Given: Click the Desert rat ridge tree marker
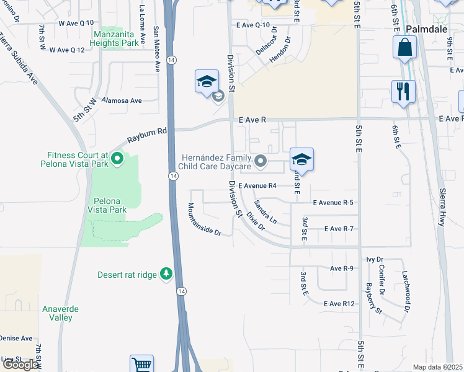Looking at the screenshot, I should [166, 273].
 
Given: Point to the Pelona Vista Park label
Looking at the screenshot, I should [110, 205].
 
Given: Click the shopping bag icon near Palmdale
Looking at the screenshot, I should [404, 47].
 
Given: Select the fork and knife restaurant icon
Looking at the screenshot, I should [403, 92].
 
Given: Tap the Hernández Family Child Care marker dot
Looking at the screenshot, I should [262, 162].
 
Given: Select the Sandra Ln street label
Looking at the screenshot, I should [265, 212].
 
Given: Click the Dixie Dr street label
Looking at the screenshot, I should [256, 221].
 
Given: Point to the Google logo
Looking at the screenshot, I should [20, 365].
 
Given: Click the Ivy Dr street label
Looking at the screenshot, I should [376, 259].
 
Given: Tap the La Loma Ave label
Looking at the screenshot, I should [143, 24].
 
